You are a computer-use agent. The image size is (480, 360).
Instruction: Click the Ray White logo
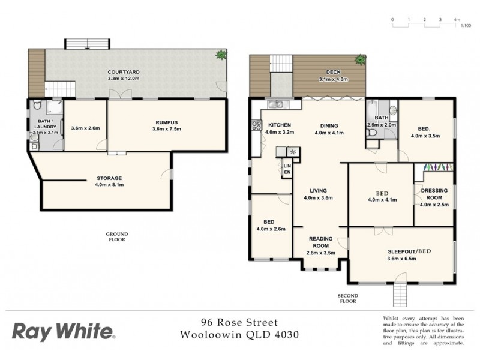[x=64, y=331]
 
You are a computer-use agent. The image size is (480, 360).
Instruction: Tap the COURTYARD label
[x=124, y=71]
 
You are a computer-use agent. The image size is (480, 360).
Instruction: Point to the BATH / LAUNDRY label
[x=45, y=124]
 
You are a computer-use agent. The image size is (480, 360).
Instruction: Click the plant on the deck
[x=360, y=59]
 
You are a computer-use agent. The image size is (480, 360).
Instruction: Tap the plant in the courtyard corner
[x=222, y=56]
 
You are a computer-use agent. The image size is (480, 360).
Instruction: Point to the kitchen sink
[x=278, y=106]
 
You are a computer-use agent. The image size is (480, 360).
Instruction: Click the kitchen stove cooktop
[x=255, y=126]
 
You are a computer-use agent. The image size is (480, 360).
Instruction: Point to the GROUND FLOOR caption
[x=118, y=236]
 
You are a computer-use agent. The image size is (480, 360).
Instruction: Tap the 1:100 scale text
[x=465, y=27]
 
